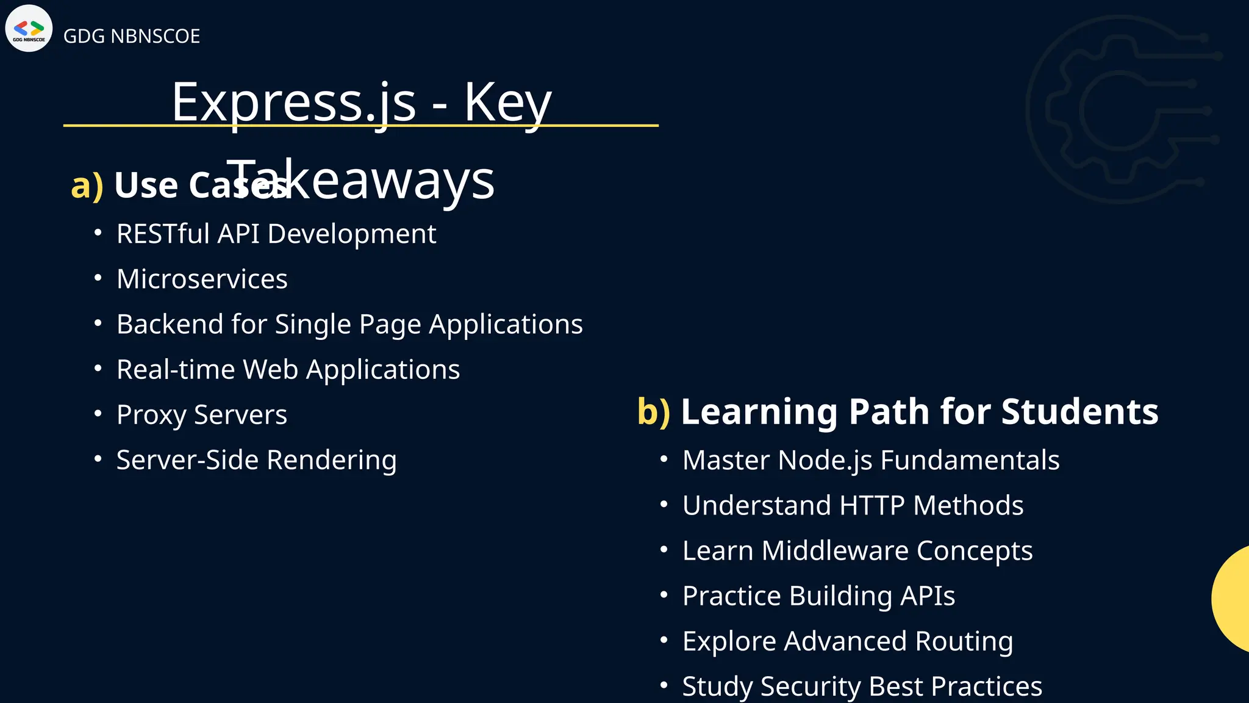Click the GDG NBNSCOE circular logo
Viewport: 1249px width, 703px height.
[29, 29]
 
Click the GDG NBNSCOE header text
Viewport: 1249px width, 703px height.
[131, 37]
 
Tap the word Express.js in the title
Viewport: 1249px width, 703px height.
[293, 102]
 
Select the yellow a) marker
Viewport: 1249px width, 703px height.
[87, 185]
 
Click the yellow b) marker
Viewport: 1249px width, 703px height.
[653, 411]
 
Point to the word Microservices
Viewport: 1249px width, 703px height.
[202, 279]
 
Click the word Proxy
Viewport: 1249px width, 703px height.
[151, 415]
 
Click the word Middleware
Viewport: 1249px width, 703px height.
[835, 550]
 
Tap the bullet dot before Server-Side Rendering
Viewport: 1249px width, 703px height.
[98, 459]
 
